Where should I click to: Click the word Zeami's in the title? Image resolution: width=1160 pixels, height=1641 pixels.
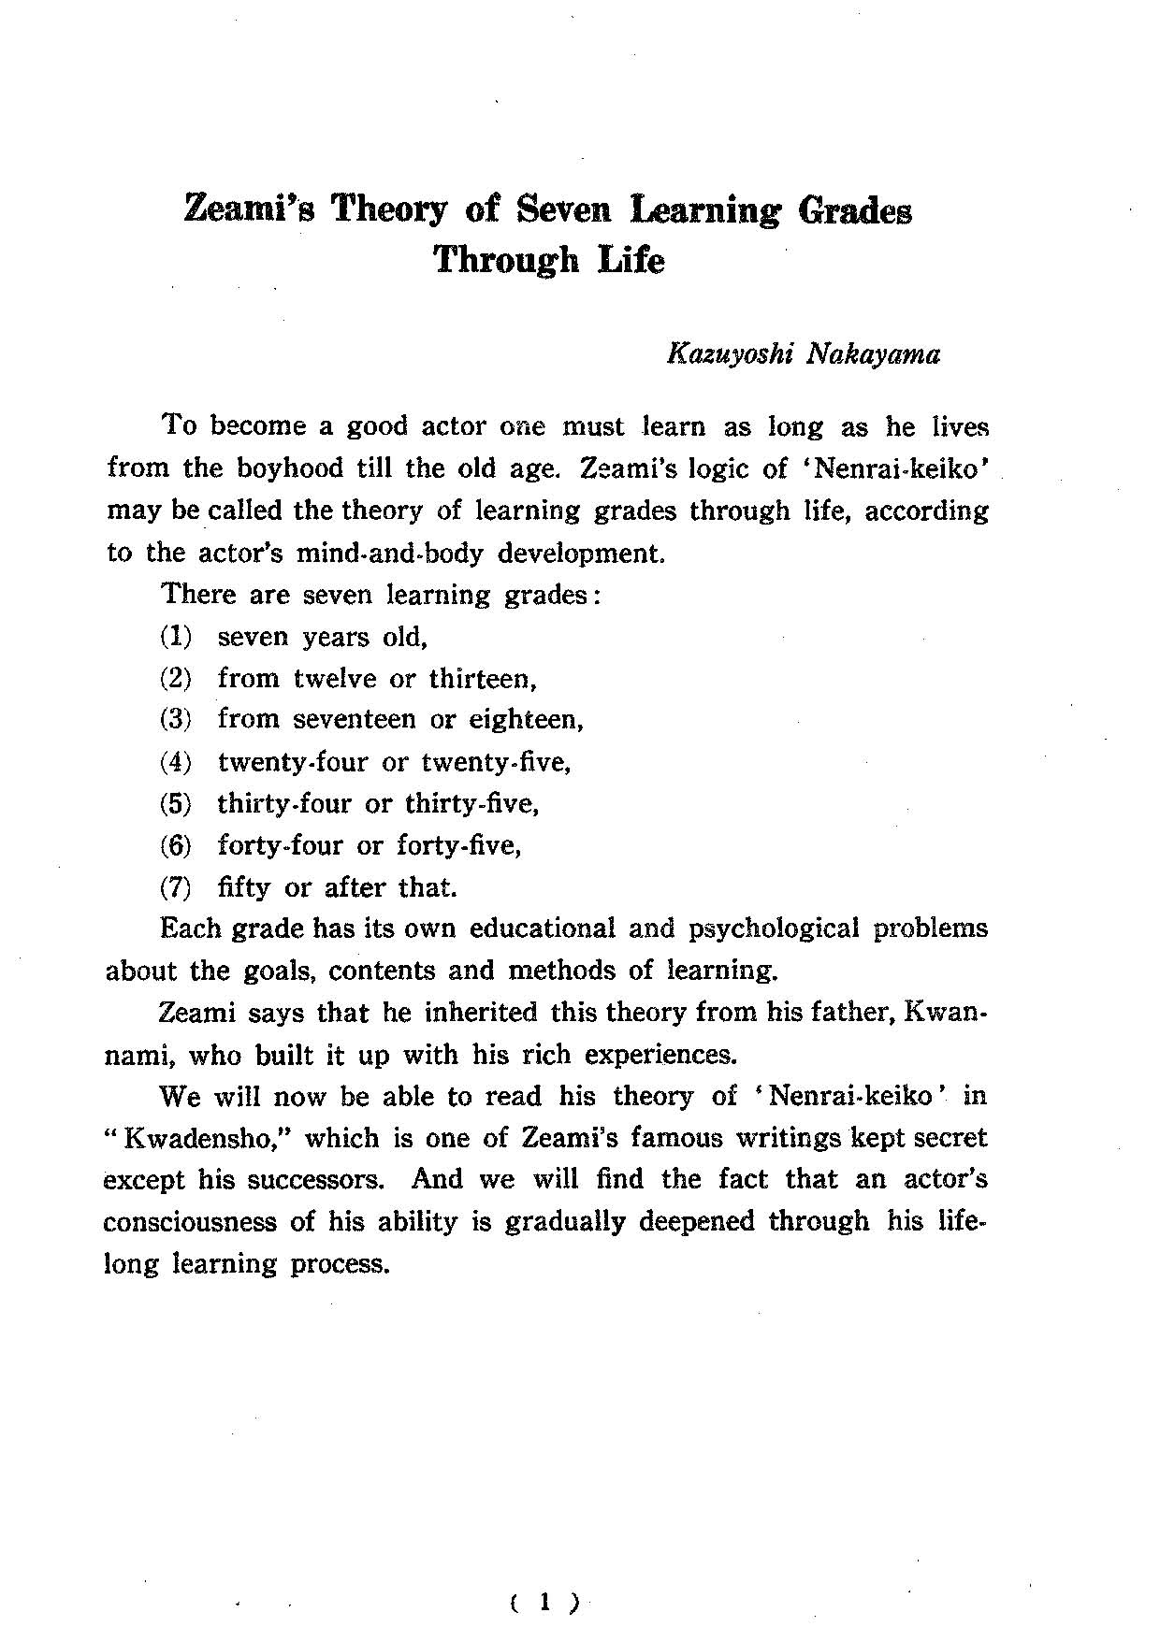[249, 209]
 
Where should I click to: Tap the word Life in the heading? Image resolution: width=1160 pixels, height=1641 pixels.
[631, 259]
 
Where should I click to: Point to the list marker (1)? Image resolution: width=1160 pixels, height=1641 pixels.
[176, 638]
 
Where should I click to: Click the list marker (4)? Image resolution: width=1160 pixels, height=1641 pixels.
[176, 762]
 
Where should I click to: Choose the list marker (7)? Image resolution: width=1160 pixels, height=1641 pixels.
[176, 886]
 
